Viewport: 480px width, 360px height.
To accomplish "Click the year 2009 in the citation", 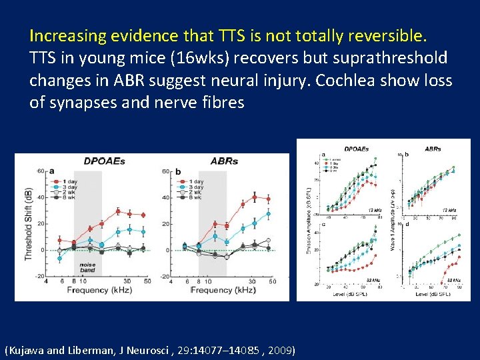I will click(281, 349).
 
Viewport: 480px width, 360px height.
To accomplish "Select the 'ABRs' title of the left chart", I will click(224, 161).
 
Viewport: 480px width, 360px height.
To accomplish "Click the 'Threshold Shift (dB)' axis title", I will click(28, 223).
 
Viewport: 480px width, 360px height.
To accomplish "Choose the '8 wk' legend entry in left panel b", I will click(196, 197).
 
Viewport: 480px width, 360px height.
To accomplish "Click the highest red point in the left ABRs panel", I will click(253, 197).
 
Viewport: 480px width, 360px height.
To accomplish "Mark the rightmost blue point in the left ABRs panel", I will click(268, 214).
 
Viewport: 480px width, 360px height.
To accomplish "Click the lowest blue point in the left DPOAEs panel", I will click(59, 258).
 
